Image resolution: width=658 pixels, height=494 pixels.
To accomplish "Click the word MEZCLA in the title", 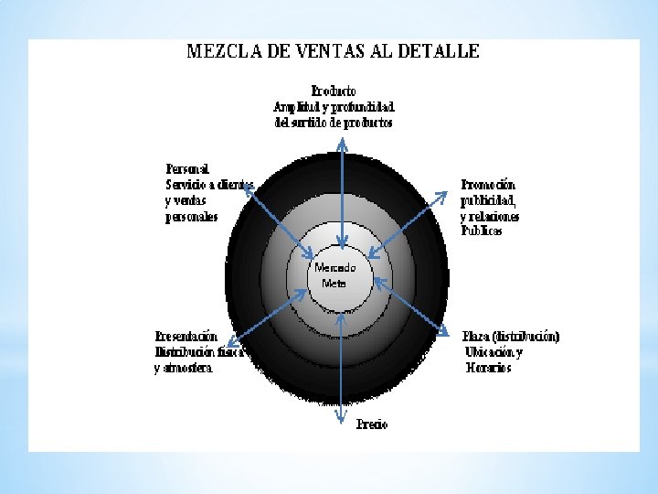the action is pos(221,51).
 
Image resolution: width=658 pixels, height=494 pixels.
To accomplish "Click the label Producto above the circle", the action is pos(334,91).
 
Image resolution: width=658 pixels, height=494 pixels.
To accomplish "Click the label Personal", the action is pos(187,168).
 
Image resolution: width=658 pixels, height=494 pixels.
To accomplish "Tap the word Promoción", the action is pos(488,184).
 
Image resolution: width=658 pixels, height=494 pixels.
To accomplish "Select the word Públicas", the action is pos(482,231).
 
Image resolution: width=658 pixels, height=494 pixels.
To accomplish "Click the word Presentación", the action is pos(186,336).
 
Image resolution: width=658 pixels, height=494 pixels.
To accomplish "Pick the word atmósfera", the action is pos(189,369).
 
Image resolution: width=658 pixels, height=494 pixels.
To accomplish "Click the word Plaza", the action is pos(478,336).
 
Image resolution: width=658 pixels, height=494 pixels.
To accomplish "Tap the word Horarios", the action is pos(488,369).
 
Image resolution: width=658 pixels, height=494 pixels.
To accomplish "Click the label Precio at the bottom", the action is pos(372,424).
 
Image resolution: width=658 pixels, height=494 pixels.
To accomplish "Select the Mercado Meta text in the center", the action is pos(334,275).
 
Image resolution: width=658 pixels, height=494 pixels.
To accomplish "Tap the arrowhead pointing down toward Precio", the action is pos(341,419).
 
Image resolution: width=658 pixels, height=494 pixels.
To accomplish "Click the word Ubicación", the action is pos(493,352).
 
